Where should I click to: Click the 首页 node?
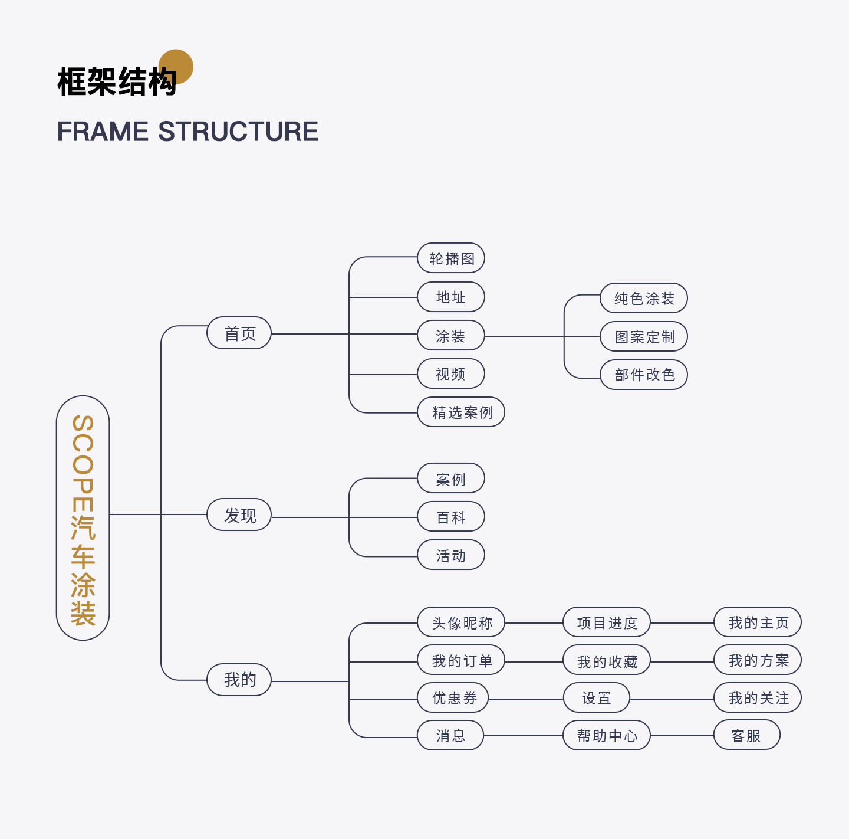click(239, 333)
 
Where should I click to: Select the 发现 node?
click(239, 515)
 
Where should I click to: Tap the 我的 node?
click(239, 680)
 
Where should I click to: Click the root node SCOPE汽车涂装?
click(83, 518)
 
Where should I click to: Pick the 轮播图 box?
click(451, 258)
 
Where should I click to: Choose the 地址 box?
click(451, 297)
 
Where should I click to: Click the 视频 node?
click(451, 374)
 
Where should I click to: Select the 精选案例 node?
click(461, 412)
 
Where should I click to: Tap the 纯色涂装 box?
click(644, 299)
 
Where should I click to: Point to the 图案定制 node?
click(644, 336)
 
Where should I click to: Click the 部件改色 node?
click(644, 375)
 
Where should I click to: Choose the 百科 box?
click(451, 517)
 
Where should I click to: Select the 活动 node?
click(451, 555)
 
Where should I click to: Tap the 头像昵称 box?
click(461, 622)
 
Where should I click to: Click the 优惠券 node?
click(453, 698)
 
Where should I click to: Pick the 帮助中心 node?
click(607, 735)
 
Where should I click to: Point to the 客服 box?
click(746, 735)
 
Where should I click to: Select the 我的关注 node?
click(758, 698)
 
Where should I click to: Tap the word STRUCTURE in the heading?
click(238, 132)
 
